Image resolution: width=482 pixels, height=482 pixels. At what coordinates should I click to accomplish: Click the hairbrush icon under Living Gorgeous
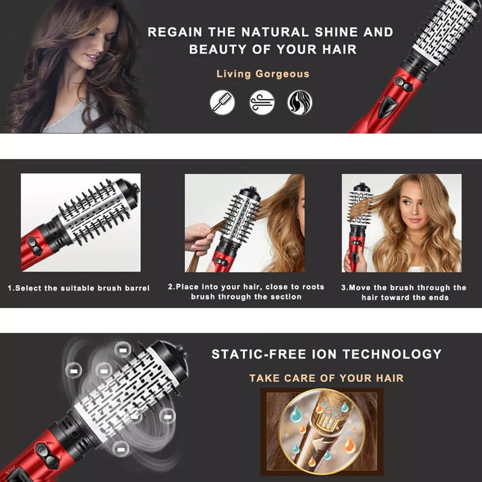tap(222, 102)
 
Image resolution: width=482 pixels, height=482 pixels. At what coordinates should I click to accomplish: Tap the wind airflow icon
tap(261, 102)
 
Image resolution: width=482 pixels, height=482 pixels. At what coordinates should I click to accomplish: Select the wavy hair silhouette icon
tap(299, 102)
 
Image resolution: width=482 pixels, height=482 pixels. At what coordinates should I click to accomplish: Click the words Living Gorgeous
tap(263, 74)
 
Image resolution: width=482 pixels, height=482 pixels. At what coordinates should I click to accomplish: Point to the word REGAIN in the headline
tap(175, 32)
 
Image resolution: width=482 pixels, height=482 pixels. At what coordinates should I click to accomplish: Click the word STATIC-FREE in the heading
tap(259, 354)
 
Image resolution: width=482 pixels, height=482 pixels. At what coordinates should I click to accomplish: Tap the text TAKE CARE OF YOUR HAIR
tap(326, 378)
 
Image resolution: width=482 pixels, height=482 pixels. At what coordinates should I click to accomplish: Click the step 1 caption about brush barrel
tap(79, 288)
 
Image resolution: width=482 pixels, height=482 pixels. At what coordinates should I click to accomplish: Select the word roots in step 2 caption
tap(313, 287)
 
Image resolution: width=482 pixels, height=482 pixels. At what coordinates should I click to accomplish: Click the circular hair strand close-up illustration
tap(322, 431)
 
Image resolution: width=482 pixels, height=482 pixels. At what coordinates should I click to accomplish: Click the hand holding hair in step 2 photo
tap(199, 239)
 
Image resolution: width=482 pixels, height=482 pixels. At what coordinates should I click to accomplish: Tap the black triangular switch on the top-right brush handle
tap(388, 107)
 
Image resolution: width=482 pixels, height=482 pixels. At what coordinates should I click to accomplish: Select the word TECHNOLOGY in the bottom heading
tap(392, 354)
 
